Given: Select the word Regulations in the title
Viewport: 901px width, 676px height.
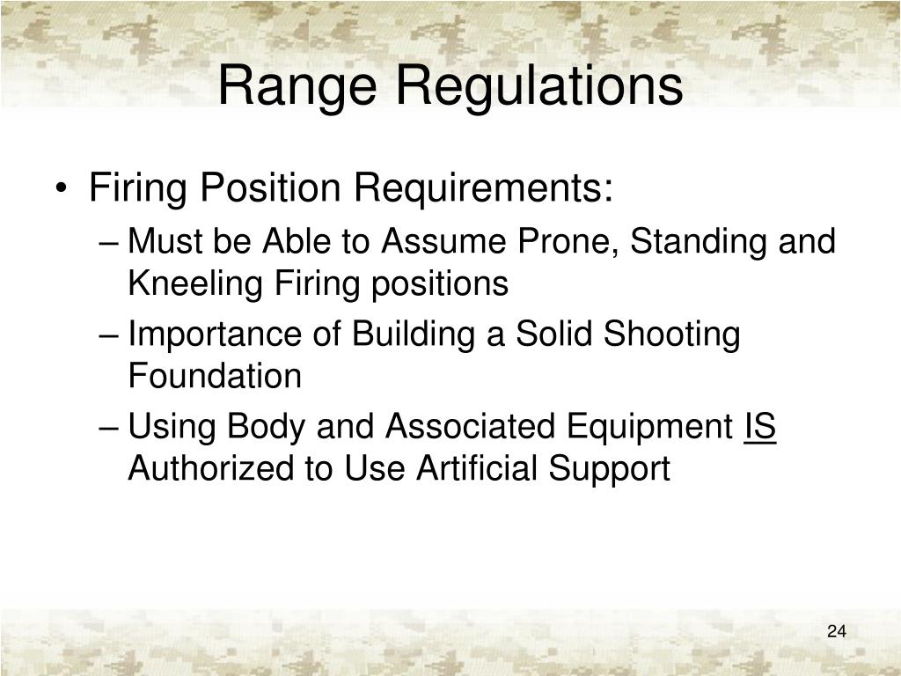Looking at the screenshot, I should click(538, 86).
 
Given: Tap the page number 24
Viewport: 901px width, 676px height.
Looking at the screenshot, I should click(836, 631).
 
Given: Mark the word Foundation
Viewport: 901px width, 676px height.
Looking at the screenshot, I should click(215, 377).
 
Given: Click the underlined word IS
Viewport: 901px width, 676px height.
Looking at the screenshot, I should click(759, 427).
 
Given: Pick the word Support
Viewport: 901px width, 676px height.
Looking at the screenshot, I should click(611, 470).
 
